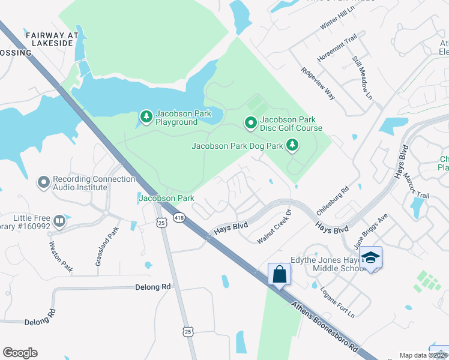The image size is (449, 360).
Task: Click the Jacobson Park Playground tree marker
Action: click(146, 117)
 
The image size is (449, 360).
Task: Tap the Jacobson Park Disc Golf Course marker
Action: click(251, 124)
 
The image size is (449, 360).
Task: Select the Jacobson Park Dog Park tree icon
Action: click(292, 145)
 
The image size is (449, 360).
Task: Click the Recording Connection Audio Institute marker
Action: click(43, 181)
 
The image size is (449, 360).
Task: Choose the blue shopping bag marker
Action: click(280, 275)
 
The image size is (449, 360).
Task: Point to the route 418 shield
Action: click(179, 217)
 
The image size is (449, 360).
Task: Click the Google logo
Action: click(20, 353)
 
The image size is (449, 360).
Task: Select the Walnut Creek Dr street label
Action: click(274, 227)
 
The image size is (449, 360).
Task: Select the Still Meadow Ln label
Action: click(363, 79)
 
